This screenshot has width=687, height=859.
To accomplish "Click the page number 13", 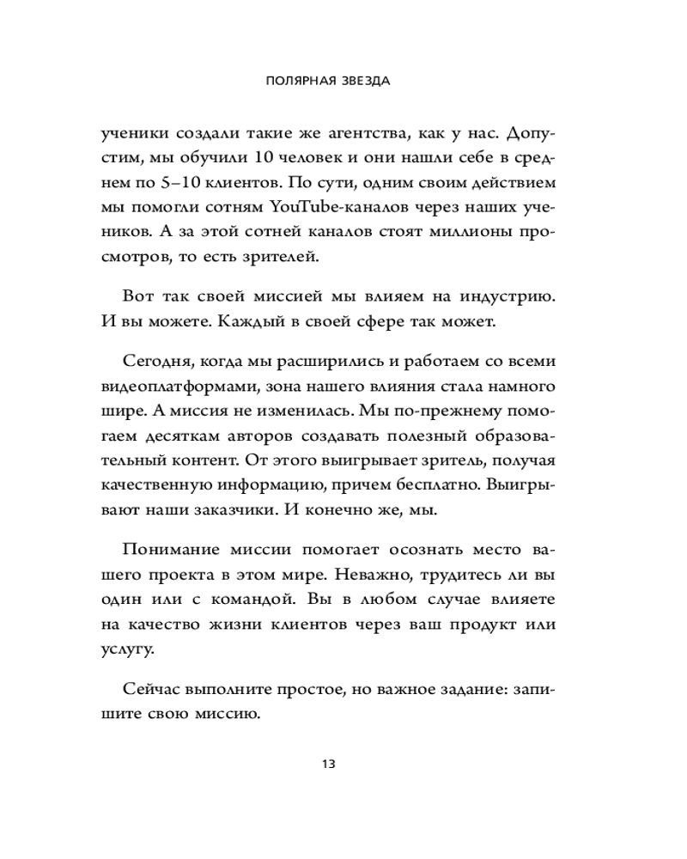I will pos(327,763).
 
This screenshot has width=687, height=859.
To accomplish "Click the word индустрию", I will pos(510,296).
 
